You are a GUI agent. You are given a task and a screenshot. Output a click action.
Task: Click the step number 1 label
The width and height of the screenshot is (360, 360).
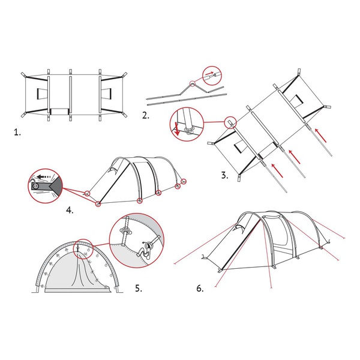click(17, 133)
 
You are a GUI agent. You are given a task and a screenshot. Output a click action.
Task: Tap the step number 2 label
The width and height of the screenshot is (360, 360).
click(146, 115)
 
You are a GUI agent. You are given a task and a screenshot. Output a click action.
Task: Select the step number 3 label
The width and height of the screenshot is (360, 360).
click(225, 175)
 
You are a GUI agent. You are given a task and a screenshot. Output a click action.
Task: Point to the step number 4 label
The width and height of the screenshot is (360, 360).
click(70, 211)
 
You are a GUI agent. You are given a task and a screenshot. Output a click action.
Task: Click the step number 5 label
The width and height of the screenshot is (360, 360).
click(139, 289)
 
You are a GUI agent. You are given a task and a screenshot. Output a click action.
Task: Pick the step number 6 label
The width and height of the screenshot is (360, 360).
click(200, 289)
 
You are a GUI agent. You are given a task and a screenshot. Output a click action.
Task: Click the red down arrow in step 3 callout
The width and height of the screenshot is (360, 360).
click(176, 128)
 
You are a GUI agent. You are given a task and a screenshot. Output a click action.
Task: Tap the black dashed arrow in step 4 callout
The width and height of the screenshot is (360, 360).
click(44, 177)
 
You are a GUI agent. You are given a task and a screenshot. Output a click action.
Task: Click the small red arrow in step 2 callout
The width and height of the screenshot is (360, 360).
click(209, 73)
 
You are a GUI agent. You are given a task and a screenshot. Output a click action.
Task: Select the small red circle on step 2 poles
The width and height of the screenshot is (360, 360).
click(192, 83)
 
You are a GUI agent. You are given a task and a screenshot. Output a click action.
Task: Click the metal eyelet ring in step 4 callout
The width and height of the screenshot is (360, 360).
click(35, 187)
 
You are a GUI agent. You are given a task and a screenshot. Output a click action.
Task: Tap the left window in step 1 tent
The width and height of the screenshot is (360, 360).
click(43, 94)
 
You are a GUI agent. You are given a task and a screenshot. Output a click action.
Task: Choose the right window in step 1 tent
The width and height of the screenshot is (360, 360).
click(106, 94)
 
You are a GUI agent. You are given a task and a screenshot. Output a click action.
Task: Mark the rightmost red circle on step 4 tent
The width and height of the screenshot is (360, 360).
click(184, 182)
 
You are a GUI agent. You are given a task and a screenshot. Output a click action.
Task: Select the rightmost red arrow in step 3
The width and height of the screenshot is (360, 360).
click(320, 136)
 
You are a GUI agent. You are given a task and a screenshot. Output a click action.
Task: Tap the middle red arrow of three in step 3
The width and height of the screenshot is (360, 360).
click(295, 157)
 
